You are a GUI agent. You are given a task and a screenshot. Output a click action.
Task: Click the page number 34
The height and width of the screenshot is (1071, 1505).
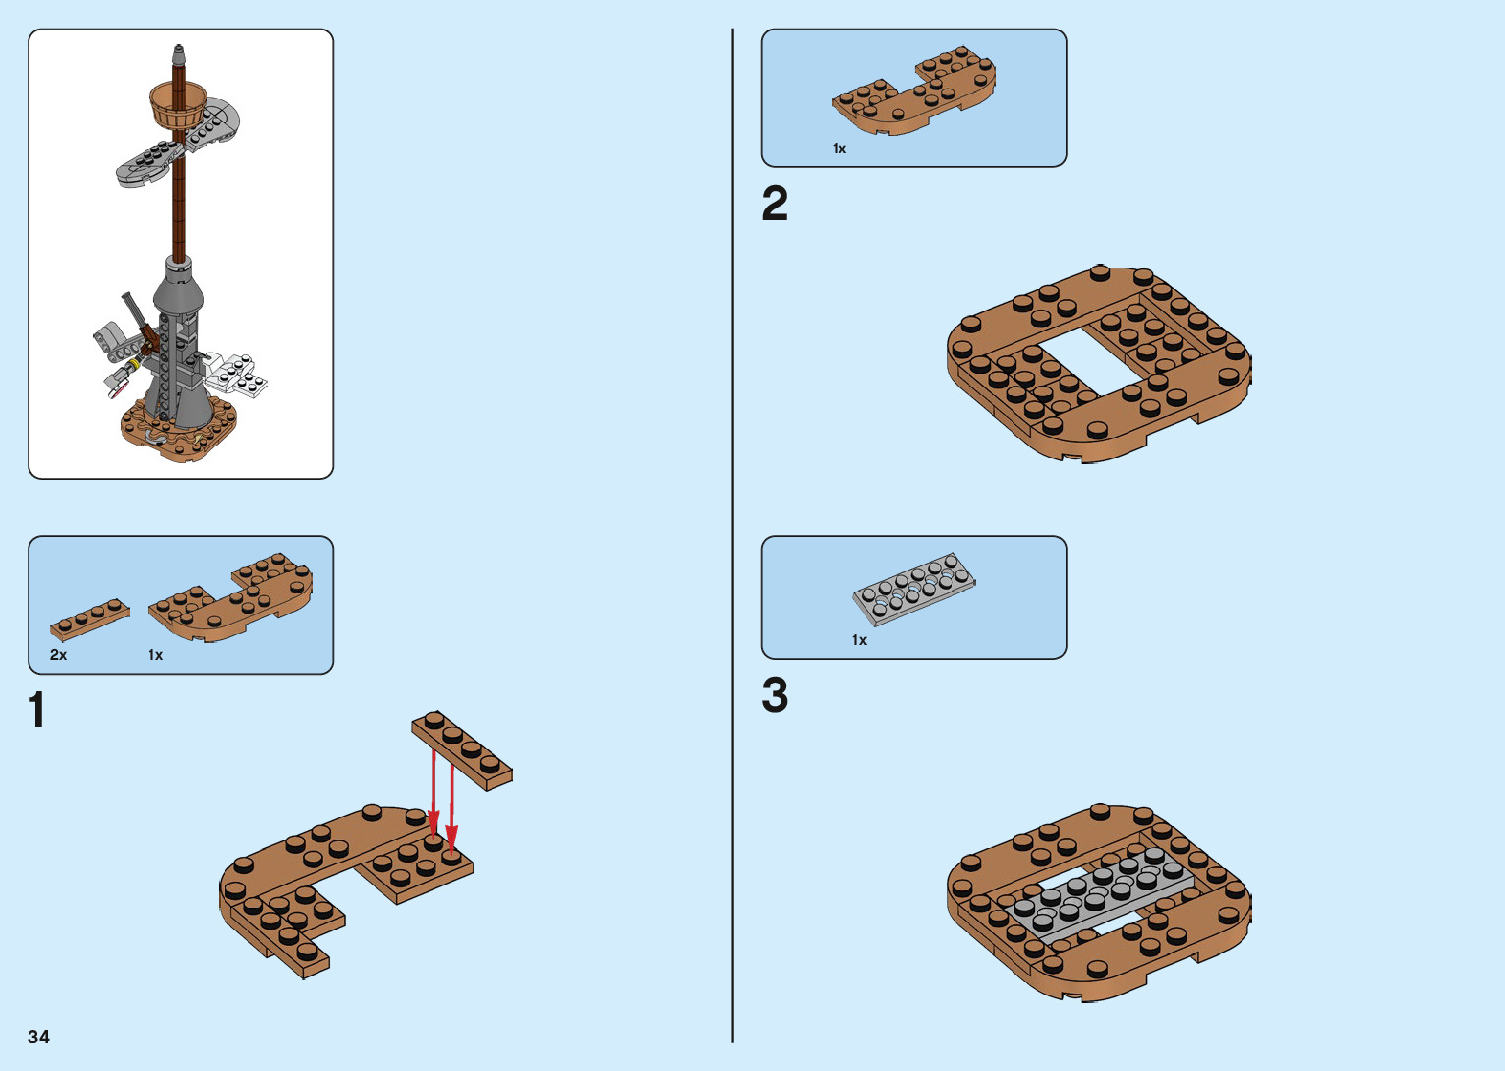(38, 1037)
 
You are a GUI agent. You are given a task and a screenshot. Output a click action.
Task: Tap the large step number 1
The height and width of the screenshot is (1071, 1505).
(37, 710)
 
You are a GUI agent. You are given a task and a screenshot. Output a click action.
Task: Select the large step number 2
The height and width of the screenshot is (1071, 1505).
(775, 205)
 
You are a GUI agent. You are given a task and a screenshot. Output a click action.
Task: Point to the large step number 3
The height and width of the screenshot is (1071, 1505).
(775, 695)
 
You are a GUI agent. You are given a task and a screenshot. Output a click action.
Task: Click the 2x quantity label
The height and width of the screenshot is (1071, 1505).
(59, 655)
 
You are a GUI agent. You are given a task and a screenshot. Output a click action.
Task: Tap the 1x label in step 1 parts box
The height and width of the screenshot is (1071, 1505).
(155, 655)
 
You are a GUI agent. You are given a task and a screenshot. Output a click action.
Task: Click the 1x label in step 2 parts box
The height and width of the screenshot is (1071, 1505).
(839, 149)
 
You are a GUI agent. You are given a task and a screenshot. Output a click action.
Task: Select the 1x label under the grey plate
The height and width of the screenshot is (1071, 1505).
(859, 640)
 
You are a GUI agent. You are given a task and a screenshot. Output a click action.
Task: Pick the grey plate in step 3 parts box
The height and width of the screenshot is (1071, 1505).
(914, 587)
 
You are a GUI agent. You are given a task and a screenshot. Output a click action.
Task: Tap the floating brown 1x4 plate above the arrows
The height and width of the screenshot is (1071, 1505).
(462, 749)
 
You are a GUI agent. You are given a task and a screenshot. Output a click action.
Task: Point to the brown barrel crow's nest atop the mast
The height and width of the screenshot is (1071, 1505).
(179, 102)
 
